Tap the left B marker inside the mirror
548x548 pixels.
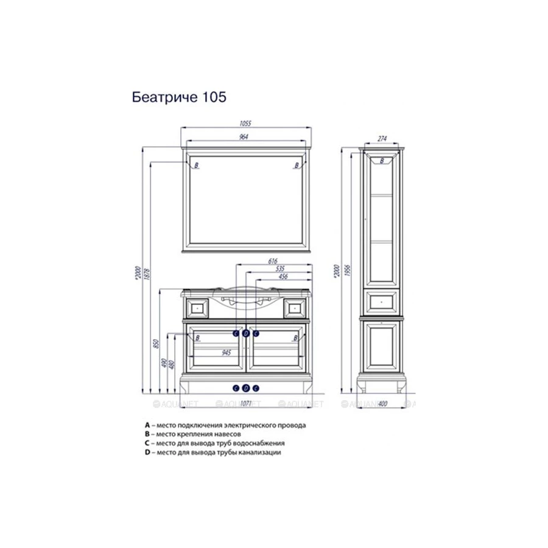pyautogui.click(x=196, y=165)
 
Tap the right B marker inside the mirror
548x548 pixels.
pyautogui.click(x=297, y=165)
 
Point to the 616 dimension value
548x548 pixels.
pyautogui.click(x=273, y=261)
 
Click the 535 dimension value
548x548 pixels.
pyautogui.click(x=281, y=269)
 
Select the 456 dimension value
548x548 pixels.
pyautogui.click(x=283, y=277)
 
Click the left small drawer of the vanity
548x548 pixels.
pyautogui.click(x=196, y=307)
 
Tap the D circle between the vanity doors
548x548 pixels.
pyautogui.click(x=246, y=333)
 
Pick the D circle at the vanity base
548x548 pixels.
pyautogui.click(x=246, y=388)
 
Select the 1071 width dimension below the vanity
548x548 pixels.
pyautogui.click(x=246, y=403)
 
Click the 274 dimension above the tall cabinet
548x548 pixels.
pyautogui.click(x=382, y=139)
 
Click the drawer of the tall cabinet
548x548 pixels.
pyautogui.click(x=382, y=299)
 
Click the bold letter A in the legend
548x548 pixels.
pyautogui.click(x=147, y=424)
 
